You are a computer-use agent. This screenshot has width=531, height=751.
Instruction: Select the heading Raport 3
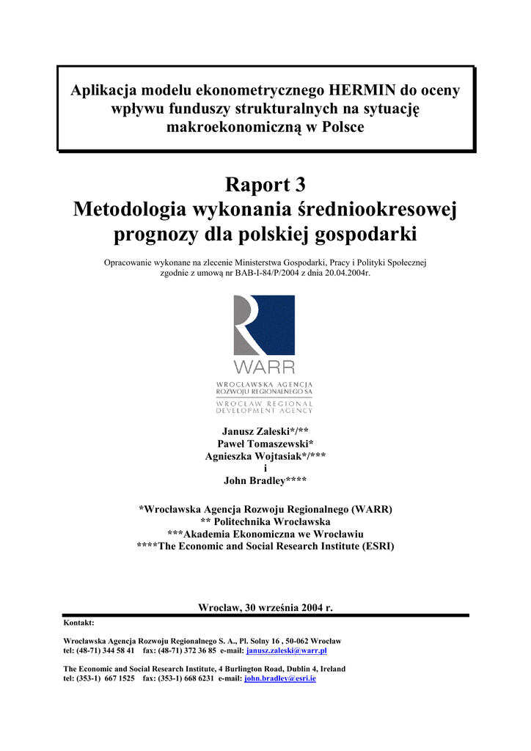[x=265, y=185]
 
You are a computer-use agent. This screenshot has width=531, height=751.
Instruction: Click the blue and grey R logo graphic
[x=264, y=325]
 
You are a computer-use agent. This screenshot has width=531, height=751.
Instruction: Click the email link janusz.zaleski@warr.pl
[x=287, y=651]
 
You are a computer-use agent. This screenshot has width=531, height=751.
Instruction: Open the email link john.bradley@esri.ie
[x=280, y=679]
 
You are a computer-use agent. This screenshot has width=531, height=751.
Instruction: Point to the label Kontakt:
[x=78, y=622]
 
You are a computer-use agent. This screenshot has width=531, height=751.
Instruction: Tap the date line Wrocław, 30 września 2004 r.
[x=265, y=607]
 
